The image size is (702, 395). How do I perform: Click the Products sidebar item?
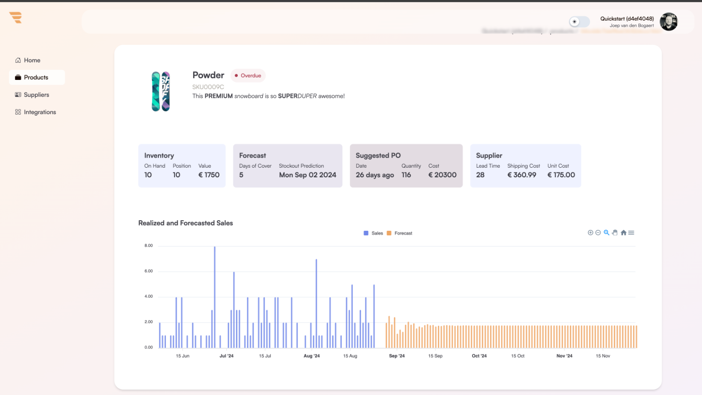click(36, 77)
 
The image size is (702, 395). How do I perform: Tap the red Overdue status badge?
click(248, 75)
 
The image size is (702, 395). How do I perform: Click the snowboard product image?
click(161, 91)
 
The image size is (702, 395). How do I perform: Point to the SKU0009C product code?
click(208, 87)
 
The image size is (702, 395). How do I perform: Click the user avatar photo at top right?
click(668, 22)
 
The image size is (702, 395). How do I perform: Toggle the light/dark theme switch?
click(579, 22)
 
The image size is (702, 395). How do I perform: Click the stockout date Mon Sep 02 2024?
click(308, 175)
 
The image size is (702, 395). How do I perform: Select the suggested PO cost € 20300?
click(442, 175)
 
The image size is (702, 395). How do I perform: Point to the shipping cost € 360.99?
click(522, 175)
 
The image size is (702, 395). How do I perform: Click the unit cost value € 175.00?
click(561, 175)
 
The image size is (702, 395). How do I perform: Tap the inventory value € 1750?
click(209, 175)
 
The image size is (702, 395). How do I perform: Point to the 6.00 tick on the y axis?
click(149, 271)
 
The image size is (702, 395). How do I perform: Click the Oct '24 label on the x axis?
click(479, 356)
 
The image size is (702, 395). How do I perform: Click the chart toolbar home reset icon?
click(623, 233)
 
